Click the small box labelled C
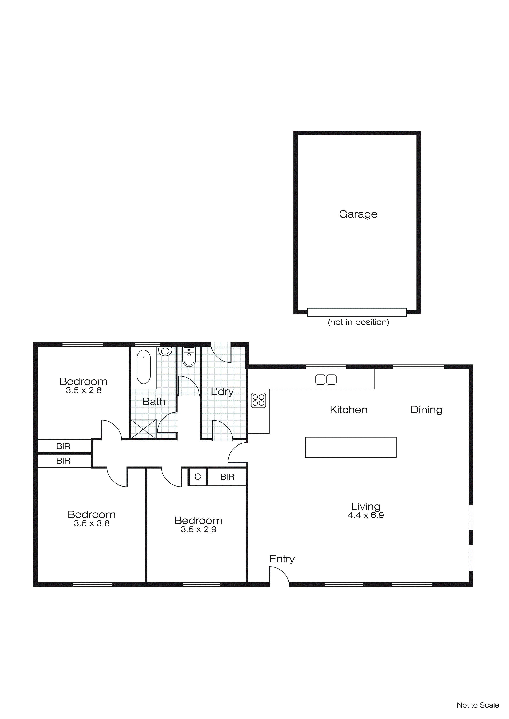pyautogui.click(x=198, y=477)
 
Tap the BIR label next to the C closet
pyautogui.click(x=227, y=477)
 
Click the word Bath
pyautogui.click(x=154, y=402)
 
